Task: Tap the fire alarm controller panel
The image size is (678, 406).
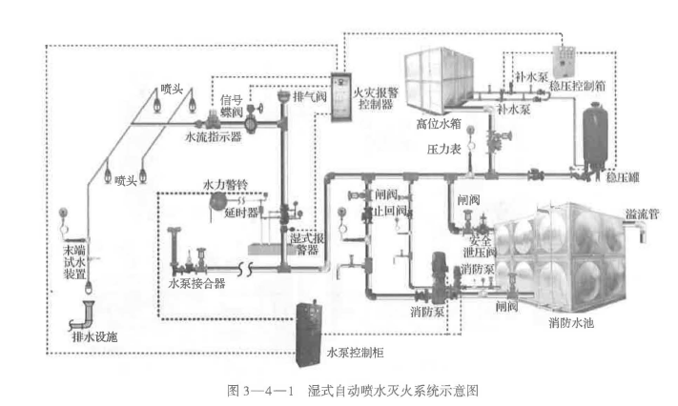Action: click(x=340, y=94)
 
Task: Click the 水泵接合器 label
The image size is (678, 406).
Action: click(x=195, y=283)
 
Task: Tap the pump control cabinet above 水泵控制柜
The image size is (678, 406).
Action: click(x=308, y=332)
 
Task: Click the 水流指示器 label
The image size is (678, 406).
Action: click(x=212, y=135)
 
